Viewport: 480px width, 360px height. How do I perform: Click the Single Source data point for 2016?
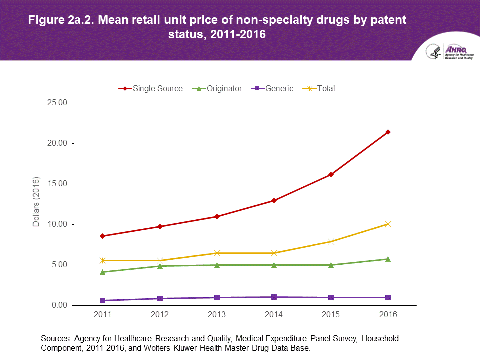[x=388, y=132]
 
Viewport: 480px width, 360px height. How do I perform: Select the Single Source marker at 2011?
[x=102, y=236]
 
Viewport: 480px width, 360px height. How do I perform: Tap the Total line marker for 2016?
[x=388, y=224]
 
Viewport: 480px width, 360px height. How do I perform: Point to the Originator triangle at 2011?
[x=102, y=272]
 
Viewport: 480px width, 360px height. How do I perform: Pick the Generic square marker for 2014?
[x=274, y=297]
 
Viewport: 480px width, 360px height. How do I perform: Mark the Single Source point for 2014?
[x=274, y=201]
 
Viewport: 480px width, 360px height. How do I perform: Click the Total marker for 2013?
[x=217, y=253]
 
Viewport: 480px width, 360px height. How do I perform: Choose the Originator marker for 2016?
[x=388, y=259]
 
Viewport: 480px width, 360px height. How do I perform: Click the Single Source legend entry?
[x=151, y=88]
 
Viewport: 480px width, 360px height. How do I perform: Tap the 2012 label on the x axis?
[x=159, y=315]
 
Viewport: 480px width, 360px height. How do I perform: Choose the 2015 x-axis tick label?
[x=331, y=315]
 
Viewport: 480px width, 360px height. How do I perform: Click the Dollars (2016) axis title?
[x=36, y=202]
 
